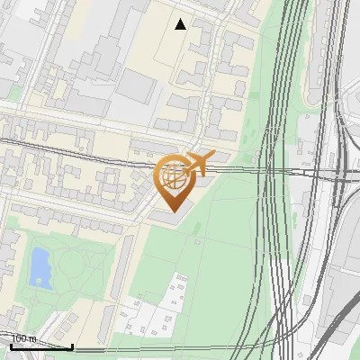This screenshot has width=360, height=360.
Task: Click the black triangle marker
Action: (181, 24)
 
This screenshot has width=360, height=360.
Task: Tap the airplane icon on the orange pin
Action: (198, 163)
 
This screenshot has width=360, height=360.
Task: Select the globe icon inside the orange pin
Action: (175, 177)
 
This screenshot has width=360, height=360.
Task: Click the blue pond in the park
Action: (40, 267)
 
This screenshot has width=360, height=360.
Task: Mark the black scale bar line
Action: (41, 346)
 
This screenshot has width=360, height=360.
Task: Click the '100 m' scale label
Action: (23, 338)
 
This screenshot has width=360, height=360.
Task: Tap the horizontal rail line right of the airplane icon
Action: (270, 169)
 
